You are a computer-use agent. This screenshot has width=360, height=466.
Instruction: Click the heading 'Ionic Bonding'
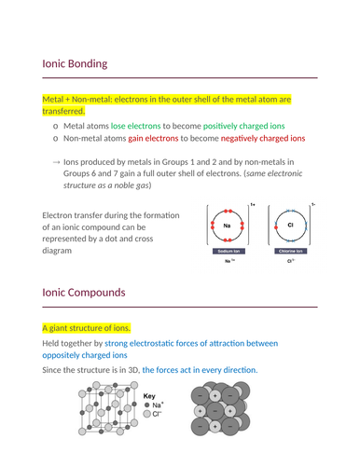tap(75, 64)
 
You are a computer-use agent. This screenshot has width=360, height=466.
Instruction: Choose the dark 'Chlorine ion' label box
tap(290, 252)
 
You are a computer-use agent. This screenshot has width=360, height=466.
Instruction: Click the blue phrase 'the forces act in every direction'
tap(199, 370)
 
